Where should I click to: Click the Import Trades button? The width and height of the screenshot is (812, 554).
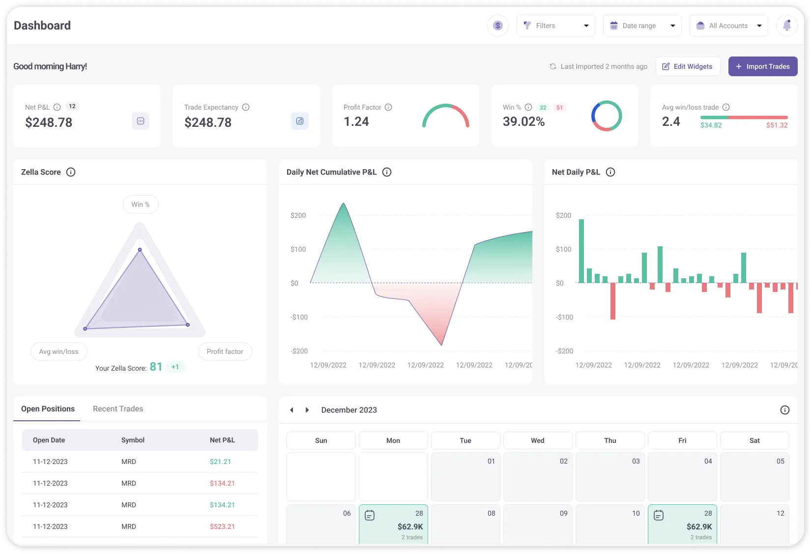click(762, 66)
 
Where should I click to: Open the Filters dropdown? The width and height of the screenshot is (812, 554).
click(555, 26)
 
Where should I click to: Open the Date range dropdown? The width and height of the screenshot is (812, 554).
click(642, 26)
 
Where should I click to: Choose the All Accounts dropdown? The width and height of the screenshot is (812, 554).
click(728, 26)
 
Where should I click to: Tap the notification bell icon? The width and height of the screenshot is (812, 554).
click(786, 26)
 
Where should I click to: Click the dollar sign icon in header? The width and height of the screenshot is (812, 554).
click(498, 26)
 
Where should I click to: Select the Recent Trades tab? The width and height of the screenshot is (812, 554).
click(118, 409)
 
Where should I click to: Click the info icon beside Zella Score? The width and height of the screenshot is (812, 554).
click(71, 172)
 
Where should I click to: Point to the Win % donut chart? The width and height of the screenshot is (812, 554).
click(607, 116)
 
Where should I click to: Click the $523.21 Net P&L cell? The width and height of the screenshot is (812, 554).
click(222, 526)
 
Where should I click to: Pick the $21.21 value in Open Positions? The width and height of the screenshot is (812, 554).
click(220, 462)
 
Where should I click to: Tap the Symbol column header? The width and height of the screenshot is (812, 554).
click(133, 440)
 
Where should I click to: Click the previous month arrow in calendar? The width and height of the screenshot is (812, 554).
click(291, 410)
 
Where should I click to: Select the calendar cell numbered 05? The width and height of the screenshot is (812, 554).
click(754, 476)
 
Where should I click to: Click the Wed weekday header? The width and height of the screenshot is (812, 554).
click(538, 440)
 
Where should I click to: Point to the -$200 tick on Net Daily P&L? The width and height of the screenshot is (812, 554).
click(564, 351)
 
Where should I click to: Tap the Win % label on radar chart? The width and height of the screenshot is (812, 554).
click(141, 204)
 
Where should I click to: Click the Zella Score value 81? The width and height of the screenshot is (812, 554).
click(156, 367)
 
